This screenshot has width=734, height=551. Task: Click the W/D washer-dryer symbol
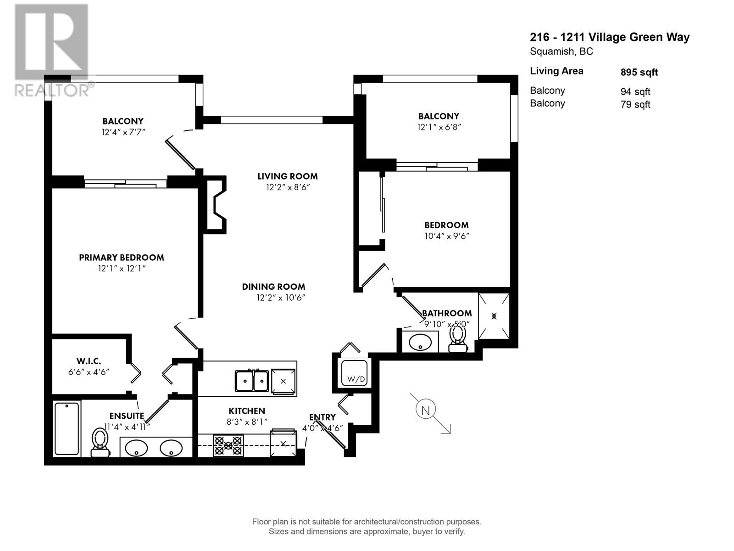[355, 373]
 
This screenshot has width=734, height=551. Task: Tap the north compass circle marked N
[425, 410]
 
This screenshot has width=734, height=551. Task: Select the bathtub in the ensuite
[67, 428]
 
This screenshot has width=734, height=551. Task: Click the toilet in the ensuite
[100, 443]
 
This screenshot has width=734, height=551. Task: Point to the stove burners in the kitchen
[228, 445]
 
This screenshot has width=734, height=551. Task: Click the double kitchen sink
[252, 381]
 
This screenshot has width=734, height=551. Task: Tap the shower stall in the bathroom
[494, 316]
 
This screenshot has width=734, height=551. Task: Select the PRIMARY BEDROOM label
[121, 258]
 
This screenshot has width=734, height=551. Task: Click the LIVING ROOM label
[287, 176]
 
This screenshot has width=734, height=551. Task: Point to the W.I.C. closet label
[89, 361]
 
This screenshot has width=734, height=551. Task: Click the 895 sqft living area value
[639, 72]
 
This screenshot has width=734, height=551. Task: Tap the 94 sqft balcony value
[635, 92]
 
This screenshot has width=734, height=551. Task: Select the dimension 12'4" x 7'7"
[123, 132]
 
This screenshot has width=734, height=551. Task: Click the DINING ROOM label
[273, 287]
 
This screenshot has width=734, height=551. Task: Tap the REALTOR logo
[51, 51]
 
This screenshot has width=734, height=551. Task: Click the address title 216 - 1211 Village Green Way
[610, 37]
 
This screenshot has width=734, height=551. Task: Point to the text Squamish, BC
[561, 51]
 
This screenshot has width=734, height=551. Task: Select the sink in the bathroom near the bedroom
[420, 342]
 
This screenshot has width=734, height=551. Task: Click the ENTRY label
[322, 417]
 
